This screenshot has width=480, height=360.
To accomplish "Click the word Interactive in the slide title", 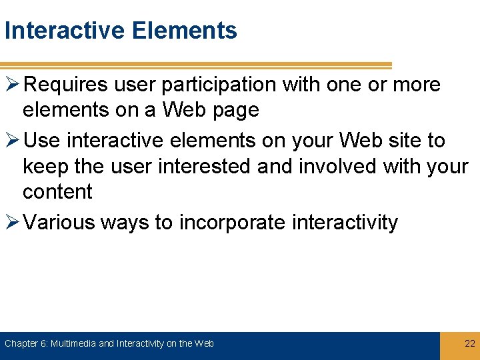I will pos(65,31).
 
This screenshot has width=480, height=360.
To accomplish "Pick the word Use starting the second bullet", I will pos(46,141).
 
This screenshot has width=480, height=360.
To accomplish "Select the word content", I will pos(57,191).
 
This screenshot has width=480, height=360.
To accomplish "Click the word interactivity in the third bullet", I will pos(345,222).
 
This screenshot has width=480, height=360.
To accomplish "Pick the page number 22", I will pos(469,344).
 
